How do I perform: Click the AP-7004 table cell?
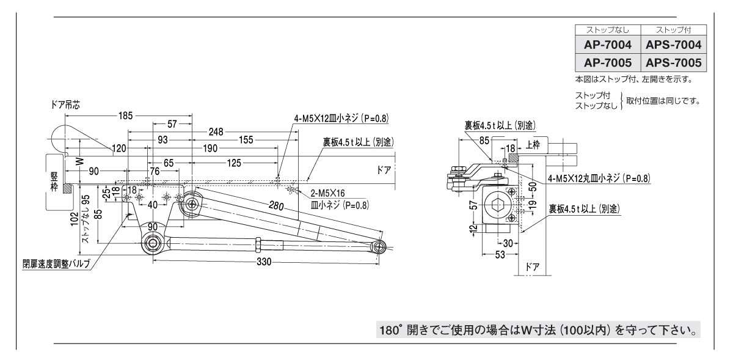pos(607,45)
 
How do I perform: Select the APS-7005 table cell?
pos(673,63)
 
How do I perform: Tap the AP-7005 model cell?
pos(607,63)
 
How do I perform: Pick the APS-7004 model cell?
pos(673,45)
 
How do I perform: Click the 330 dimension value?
pos(264,262)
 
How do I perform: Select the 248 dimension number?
pos(214,131)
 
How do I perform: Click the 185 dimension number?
pos(125,115)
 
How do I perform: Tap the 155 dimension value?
pos(246,140)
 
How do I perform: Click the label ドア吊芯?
pos(65,105)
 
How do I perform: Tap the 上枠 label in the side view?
pos(533,145)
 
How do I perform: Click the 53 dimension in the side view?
pos(500,255)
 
